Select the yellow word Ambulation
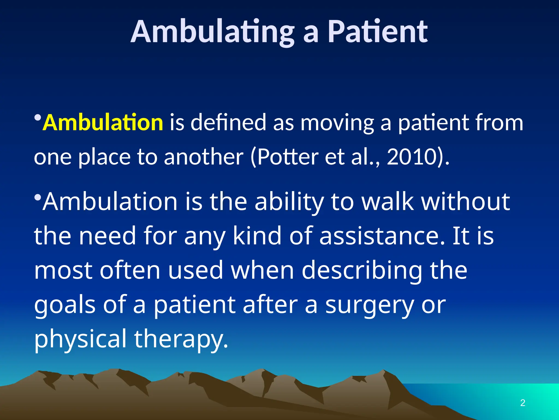[103, 122]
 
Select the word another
[204, 157]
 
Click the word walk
[388, 202]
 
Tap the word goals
[65, 305]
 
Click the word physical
[81, 339]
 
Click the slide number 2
[523, 403]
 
